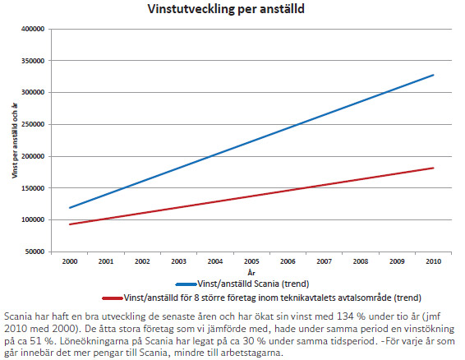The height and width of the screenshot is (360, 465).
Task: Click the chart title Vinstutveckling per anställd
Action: tap(226, 9)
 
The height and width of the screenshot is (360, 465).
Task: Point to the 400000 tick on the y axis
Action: tap(33, 29)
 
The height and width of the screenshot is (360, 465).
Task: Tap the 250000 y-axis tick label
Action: tap(33, 124)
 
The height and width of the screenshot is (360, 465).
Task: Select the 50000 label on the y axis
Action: tap(35, 252)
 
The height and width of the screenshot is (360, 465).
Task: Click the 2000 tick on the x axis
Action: tap(70, 261)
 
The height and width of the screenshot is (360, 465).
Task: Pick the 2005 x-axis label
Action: tap(251, 261)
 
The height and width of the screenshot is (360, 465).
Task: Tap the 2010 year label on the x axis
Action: tap(433, 261)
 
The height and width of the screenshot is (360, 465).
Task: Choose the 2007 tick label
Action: tap(325, 261)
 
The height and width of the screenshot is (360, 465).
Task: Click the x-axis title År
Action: tap(251, 272)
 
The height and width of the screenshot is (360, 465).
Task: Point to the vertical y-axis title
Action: tap(15, 141)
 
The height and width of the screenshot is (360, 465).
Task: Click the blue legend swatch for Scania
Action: tap(186, 284)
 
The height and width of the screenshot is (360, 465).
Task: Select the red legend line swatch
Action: tap(113, 298)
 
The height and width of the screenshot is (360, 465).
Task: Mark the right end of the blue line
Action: tap(433, 75)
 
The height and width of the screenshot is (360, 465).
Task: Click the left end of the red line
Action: tap(70, 224)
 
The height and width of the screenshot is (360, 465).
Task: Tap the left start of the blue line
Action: tap(70, 208)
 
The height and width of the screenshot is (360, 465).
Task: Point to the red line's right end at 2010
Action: tap(433, 168)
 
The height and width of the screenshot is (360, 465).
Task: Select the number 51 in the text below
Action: tap(35, 341)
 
